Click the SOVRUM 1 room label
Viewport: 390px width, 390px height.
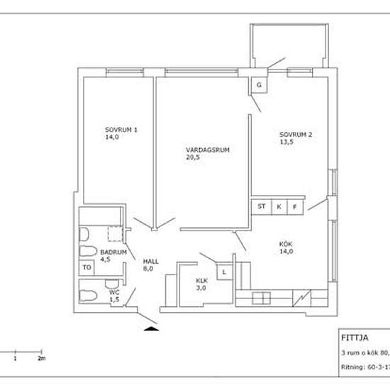[x=121, y=130]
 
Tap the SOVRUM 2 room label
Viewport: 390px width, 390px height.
[x=296, y=134]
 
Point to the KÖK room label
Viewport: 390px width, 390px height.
[x=286, y=245]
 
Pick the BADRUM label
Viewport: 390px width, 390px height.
[x=113, y=252]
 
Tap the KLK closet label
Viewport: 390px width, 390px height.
[x=202, y=281]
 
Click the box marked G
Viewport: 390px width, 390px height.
[x=259, y=86]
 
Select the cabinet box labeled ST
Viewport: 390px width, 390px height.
[x=261, y=207]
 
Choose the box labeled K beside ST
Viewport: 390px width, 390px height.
[x=279, y=207]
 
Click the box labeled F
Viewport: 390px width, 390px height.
[x=295, y=207]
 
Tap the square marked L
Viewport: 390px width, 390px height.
[x=225, y=272]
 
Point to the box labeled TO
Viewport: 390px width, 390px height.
[x=87, y=268]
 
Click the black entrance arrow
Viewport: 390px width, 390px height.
[x=152, y=328]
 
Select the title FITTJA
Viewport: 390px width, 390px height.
[x=352, y=338]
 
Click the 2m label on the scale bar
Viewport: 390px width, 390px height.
[x=41, y=359]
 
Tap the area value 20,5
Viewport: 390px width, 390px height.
[x=193, y=158]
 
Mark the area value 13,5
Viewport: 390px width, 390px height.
[x=287, y=142]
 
